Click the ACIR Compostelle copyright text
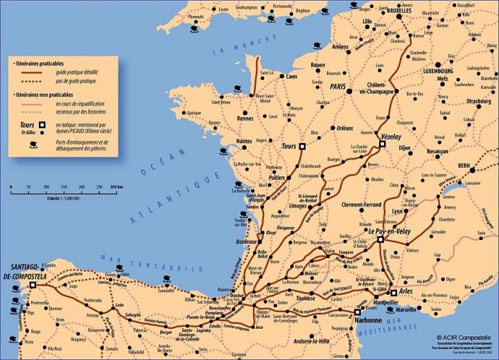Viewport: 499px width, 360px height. (457, 338)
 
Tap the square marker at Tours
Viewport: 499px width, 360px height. (301, 146)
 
